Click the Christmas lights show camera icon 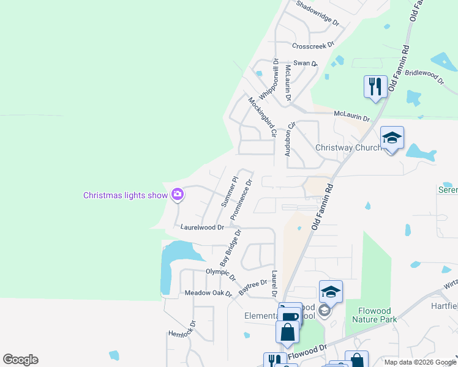coord(178,195)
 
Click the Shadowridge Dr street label coord(317,13)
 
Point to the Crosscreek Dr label coord(313,45)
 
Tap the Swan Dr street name coord(306,63)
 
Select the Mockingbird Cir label coord(263,116)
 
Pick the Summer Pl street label coord(229,190)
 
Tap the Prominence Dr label coord(241,199)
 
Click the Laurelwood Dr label coord(203,226)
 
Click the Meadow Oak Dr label coord(208,294)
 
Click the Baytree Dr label coord(253,287)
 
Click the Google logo coord(20,360)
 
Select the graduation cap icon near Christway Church coord(392,139)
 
